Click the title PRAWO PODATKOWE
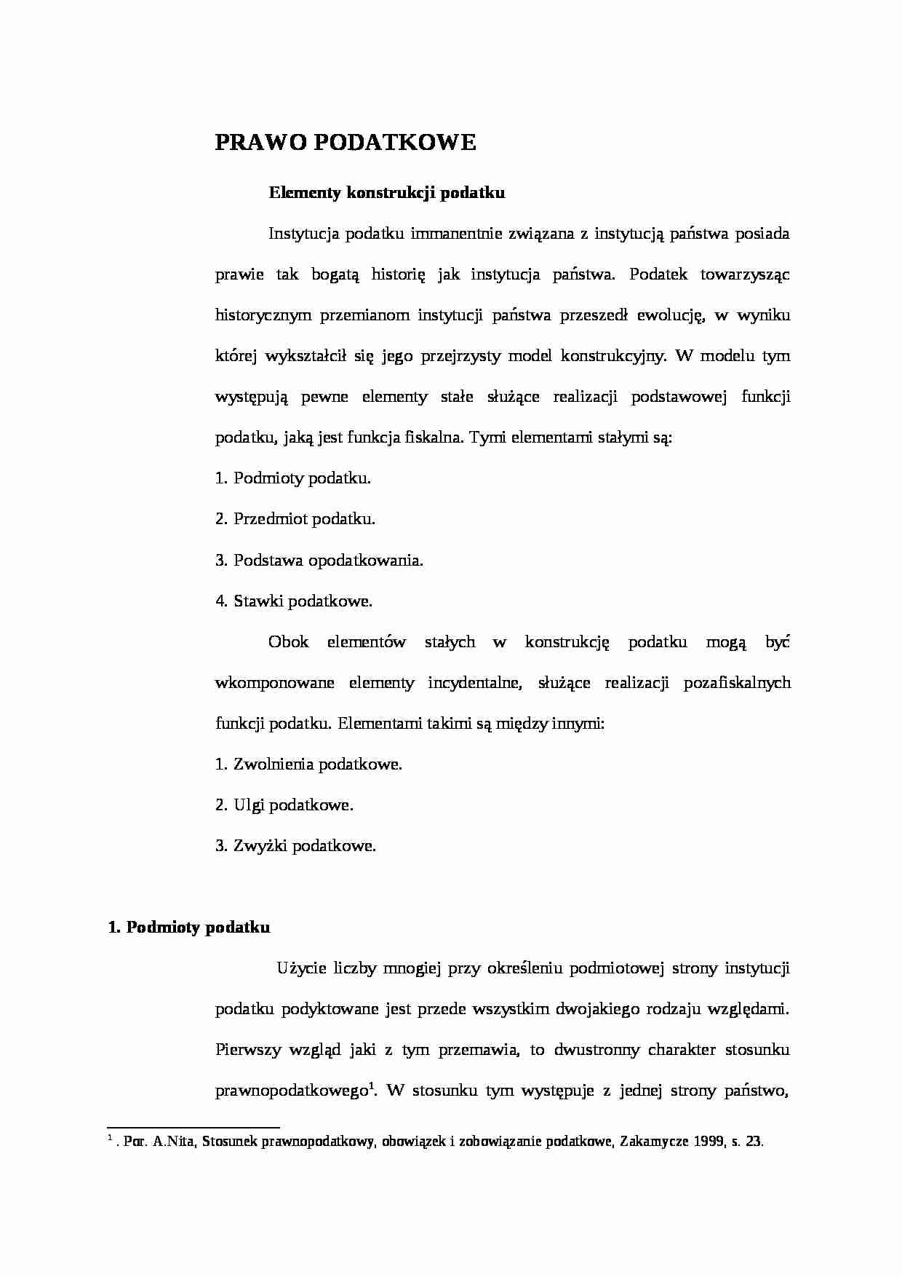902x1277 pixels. pyautogui.click(x=346, y=143)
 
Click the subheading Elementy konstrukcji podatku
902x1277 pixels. pyautogui.click(x=386, y=193)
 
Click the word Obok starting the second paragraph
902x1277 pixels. pyautogui.click(x=288, y=641)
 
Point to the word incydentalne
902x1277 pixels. pyautogui.click(x=474, y=682)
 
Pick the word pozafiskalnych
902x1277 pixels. pyautogui.click(x=737, y=682)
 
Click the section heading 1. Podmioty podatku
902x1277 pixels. pyautogui.click(x=189, y=927)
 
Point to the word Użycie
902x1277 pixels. pyautogui.click(x=300, y=968)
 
